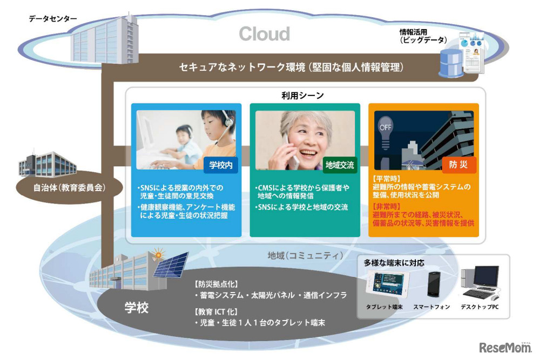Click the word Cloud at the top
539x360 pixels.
pyautogui.click(x=265, y=34)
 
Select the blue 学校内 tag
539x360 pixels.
pyautogui.click(x=221, y=166)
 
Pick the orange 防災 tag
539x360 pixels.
pyautogui.click(x=459, y=165)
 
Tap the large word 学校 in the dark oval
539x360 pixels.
pyautogui.click(x=137, y=308)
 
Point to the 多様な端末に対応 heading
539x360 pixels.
pyautogui.click(x=393, y=263)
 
